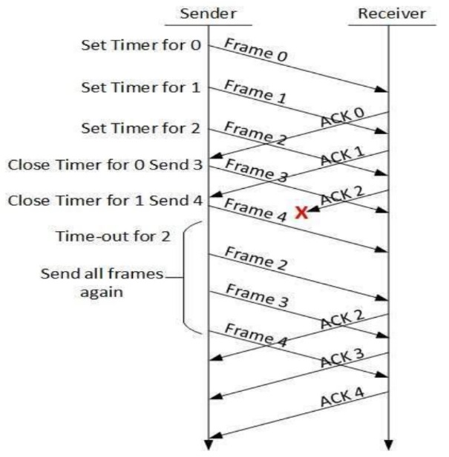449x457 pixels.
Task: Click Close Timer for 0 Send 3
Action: click(x=105, y=164)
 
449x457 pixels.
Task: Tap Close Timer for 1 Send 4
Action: click(x=105, y=199)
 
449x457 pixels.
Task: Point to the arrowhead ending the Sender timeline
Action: click(x=209, y=444)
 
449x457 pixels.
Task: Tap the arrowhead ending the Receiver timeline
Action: click(x=388, y=444)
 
